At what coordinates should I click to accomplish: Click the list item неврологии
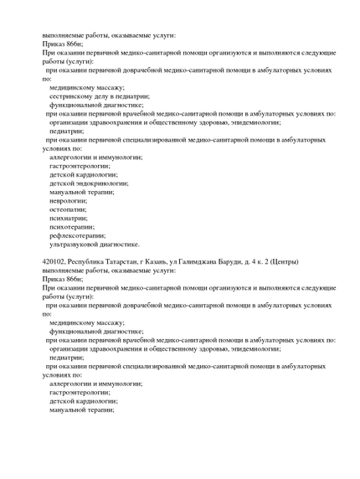[69, 200]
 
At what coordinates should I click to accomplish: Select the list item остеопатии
[68, 209]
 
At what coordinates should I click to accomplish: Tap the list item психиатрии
[69, 218]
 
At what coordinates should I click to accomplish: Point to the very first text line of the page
[109, 35]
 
